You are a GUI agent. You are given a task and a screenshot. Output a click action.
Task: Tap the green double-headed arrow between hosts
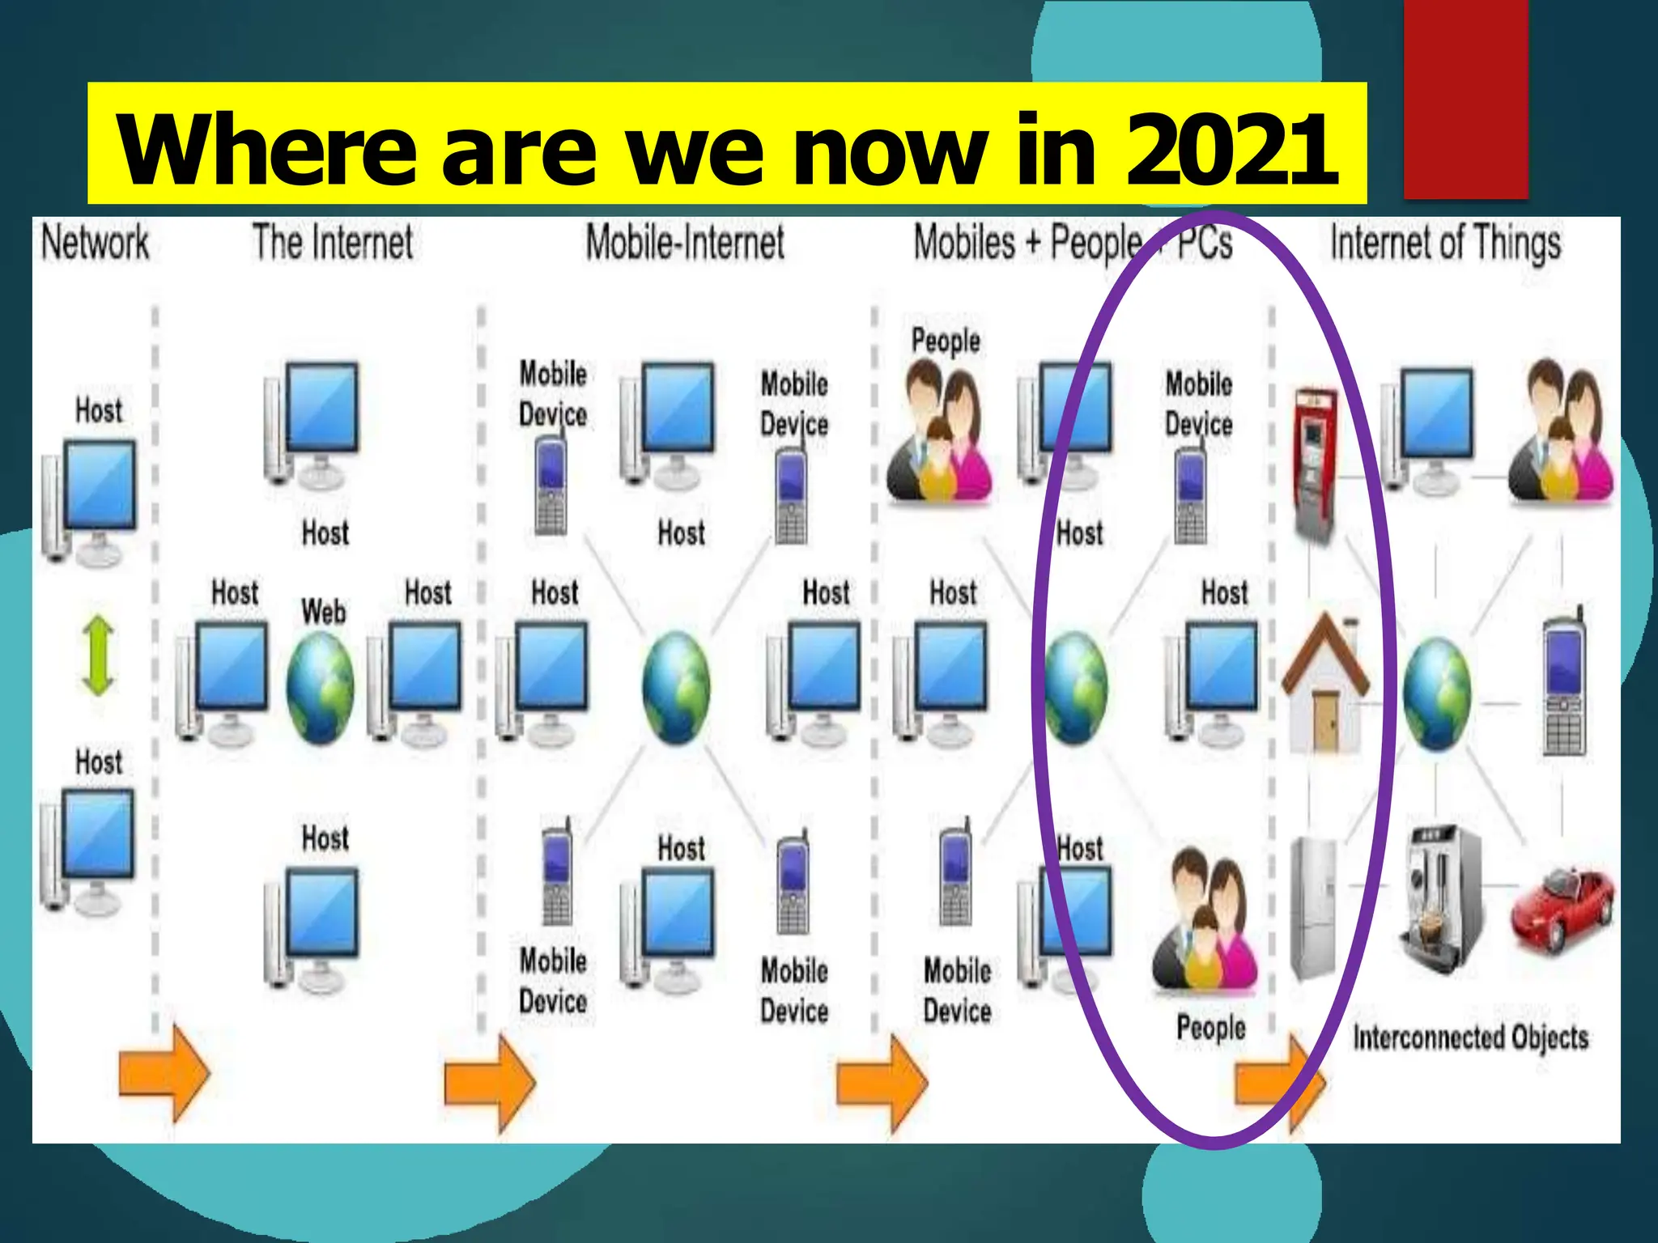click(99, 655)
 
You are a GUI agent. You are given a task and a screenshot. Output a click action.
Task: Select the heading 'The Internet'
click(333, 242)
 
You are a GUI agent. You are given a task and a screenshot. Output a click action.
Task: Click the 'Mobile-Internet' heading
click(685, 242)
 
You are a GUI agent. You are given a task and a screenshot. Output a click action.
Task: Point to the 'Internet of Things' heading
click(1446, 243)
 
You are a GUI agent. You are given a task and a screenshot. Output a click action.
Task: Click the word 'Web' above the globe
click(324, 611)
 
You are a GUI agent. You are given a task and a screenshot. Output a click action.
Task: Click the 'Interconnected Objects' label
click(1470, 1037)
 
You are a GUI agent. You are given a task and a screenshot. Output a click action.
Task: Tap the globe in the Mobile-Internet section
click(676, 687)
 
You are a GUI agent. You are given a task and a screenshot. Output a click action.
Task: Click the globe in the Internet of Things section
click(1436, 693)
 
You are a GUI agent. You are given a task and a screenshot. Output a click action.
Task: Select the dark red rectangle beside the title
click(1465, 99)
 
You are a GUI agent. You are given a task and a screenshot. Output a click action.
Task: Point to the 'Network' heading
click(96, 242)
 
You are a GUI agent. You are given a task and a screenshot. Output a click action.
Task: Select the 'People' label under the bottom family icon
click(1211, 1028)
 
